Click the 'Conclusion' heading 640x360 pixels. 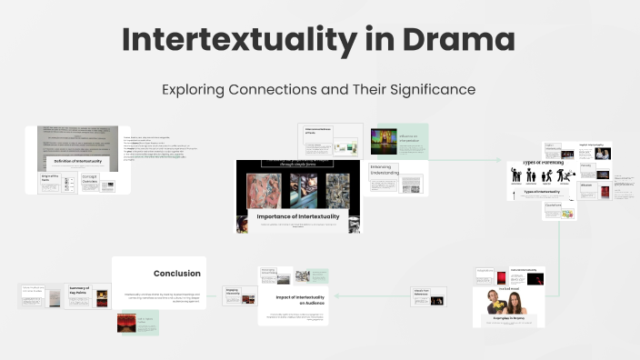pyautogui.click(x=176, y=273)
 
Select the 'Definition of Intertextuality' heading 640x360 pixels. pyautogui.click(x=76, y=162)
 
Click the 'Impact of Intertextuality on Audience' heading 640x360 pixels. pyautogui.click(x=294, y=300)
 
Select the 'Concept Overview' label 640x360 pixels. pyautogui.click(x=88, y=180)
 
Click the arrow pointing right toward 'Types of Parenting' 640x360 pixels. pyautogui.click(x=527, y=160)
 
